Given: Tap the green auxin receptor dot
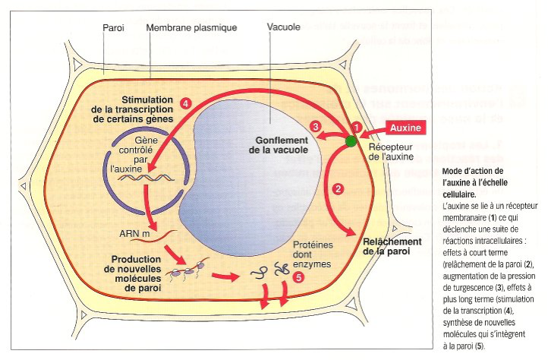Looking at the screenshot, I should [x=351, y=141].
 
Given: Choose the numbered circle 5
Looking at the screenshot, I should [x=298, y=278].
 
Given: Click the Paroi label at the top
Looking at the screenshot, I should [x=115, y=27].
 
